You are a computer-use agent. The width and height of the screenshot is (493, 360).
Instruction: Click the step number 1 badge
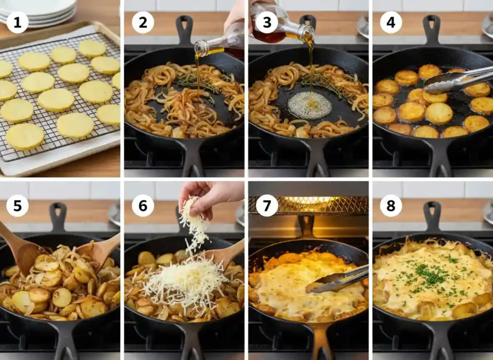pos(17,22)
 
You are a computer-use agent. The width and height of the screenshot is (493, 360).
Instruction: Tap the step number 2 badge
pos(143,22)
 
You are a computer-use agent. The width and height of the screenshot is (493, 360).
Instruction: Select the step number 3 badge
pos(266,22)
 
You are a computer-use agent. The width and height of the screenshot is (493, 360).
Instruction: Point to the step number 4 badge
pos(390,22)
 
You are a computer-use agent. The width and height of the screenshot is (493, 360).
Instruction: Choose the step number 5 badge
pos(17,206)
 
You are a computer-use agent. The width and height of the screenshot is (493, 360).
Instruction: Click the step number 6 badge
pos(143,206)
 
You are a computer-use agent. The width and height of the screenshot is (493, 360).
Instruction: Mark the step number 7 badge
pos(267,206)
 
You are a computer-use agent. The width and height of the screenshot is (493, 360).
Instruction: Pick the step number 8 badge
pos(390,206)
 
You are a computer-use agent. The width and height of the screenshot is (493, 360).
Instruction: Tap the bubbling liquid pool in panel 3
pos(310,105)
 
